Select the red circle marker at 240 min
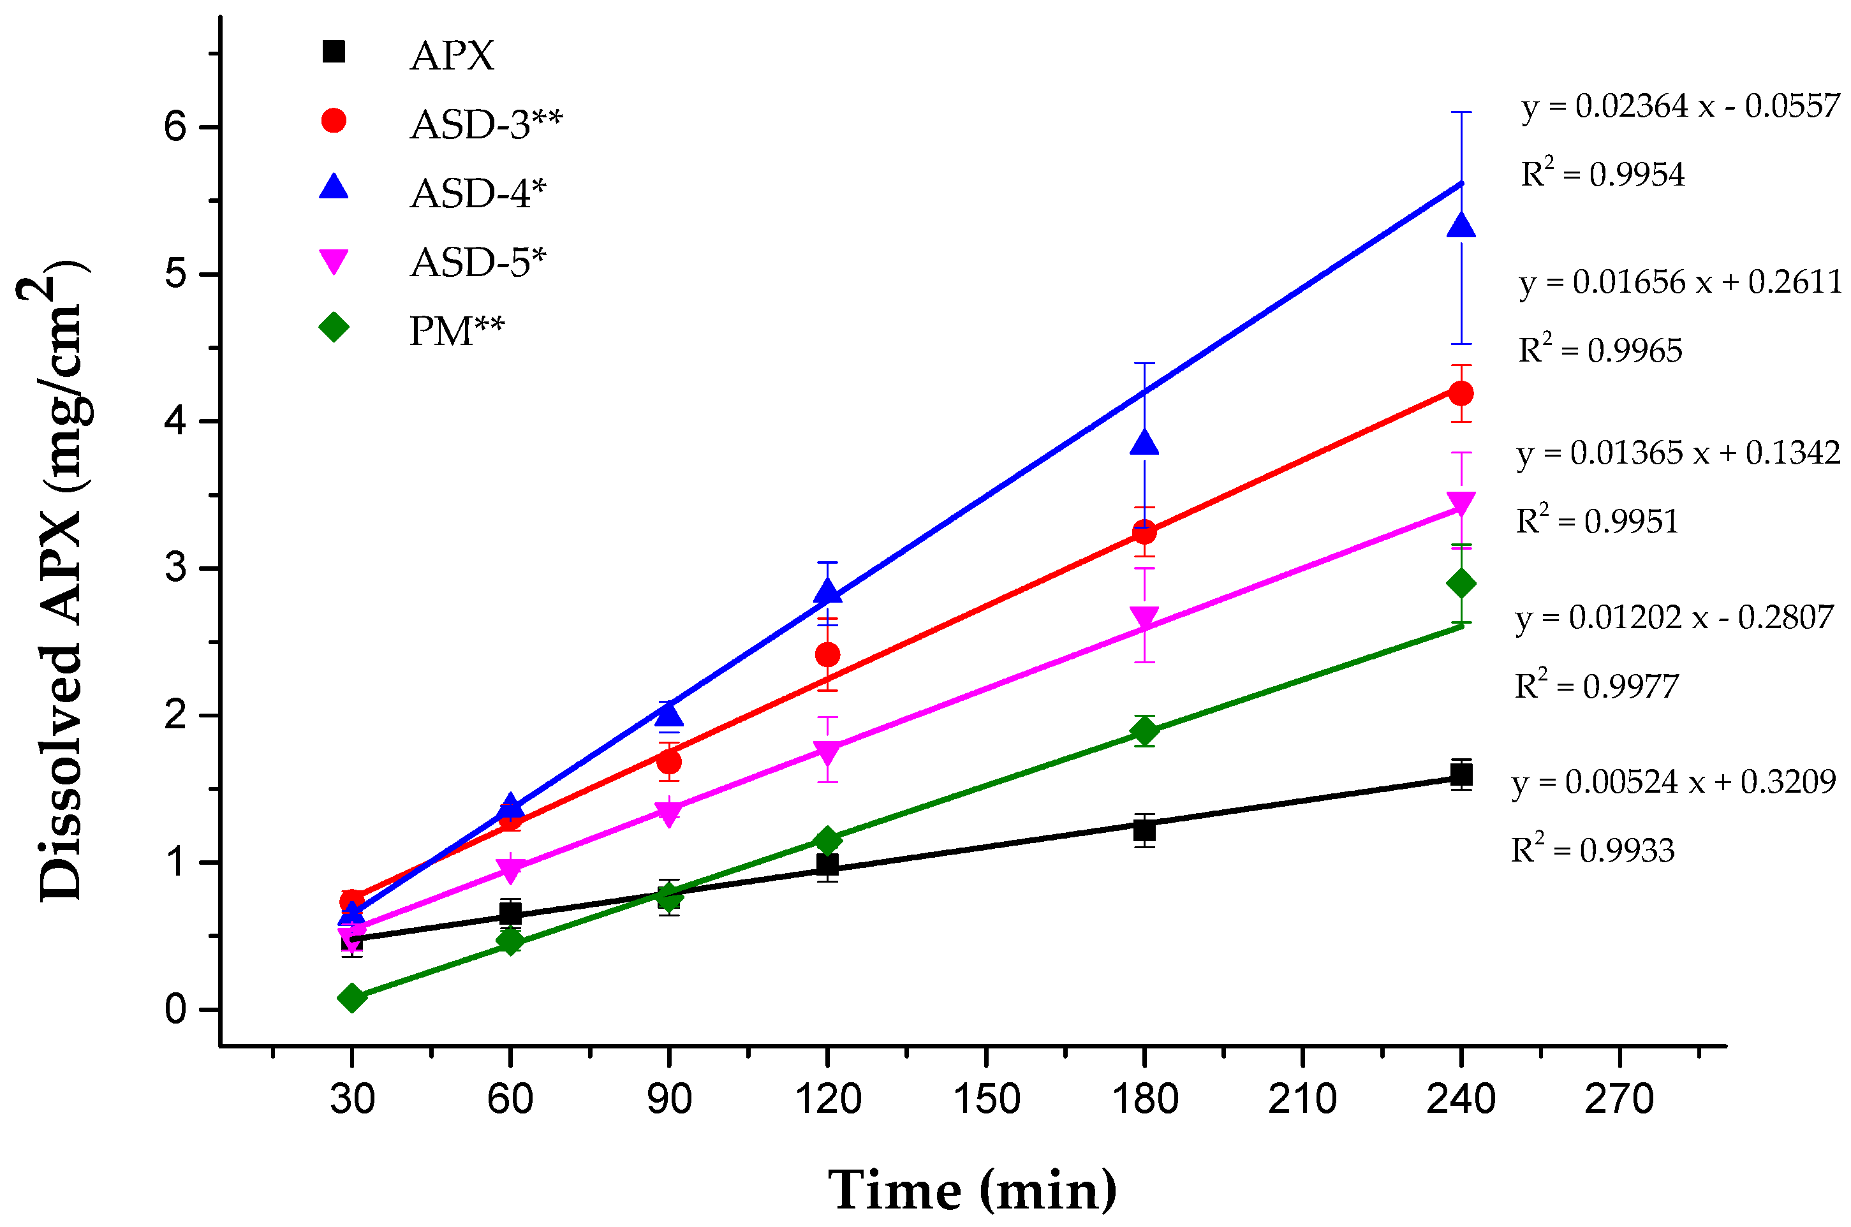[1461, 393]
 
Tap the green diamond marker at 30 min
[352, 997]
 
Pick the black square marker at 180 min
[1144, 830]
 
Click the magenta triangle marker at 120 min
[827, 752]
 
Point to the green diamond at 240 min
[1461, 583]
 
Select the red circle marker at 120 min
[827, 654]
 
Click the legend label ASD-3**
[486, 124]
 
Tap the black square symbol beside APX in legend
[334, 52]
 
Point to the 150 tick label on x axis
[986, 1099]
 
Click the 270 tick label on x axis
[1619, 1099]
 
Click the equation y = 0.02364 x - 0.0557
[1679, 106]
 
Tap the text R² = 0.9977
[1597, 686]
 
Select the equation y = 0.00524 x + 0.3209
[1673, 782]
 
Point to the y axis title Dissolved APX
[61, 579]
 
